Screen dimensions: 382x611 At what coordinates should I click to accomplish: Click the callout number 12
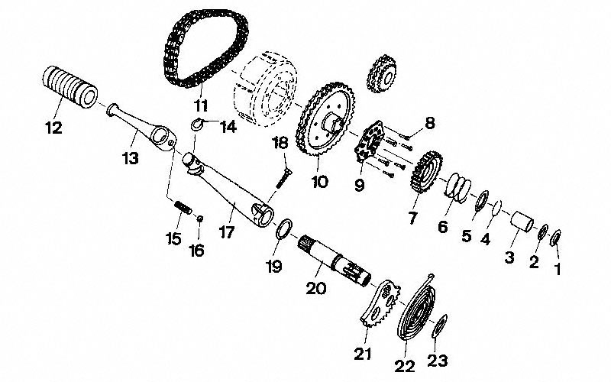click(53, 128)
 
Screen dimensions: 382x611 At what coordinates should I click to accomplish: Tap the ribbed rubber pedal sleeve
click(70, 86)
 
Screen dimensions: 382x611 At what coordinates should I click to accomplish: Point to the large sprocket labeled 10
click(326, 130)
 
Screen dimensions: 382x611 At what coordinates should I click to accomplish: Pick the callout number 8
click(430, 122)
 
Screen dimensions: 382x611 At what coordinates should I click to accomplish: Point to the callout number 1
click(558, 268)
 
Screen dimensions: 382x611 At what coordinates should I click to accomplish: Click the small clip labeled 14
click(196, 125)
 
